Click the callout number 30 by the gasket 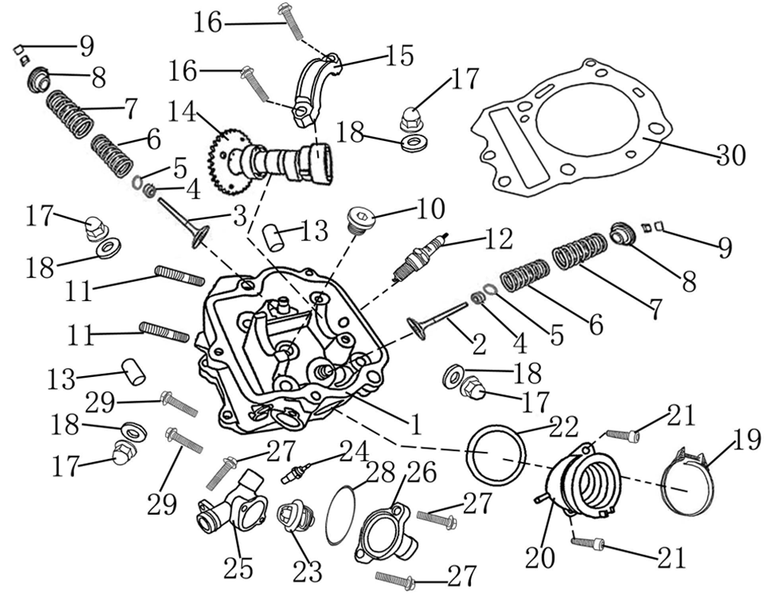pos(731,154)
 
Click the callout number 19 pos(747,441)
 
